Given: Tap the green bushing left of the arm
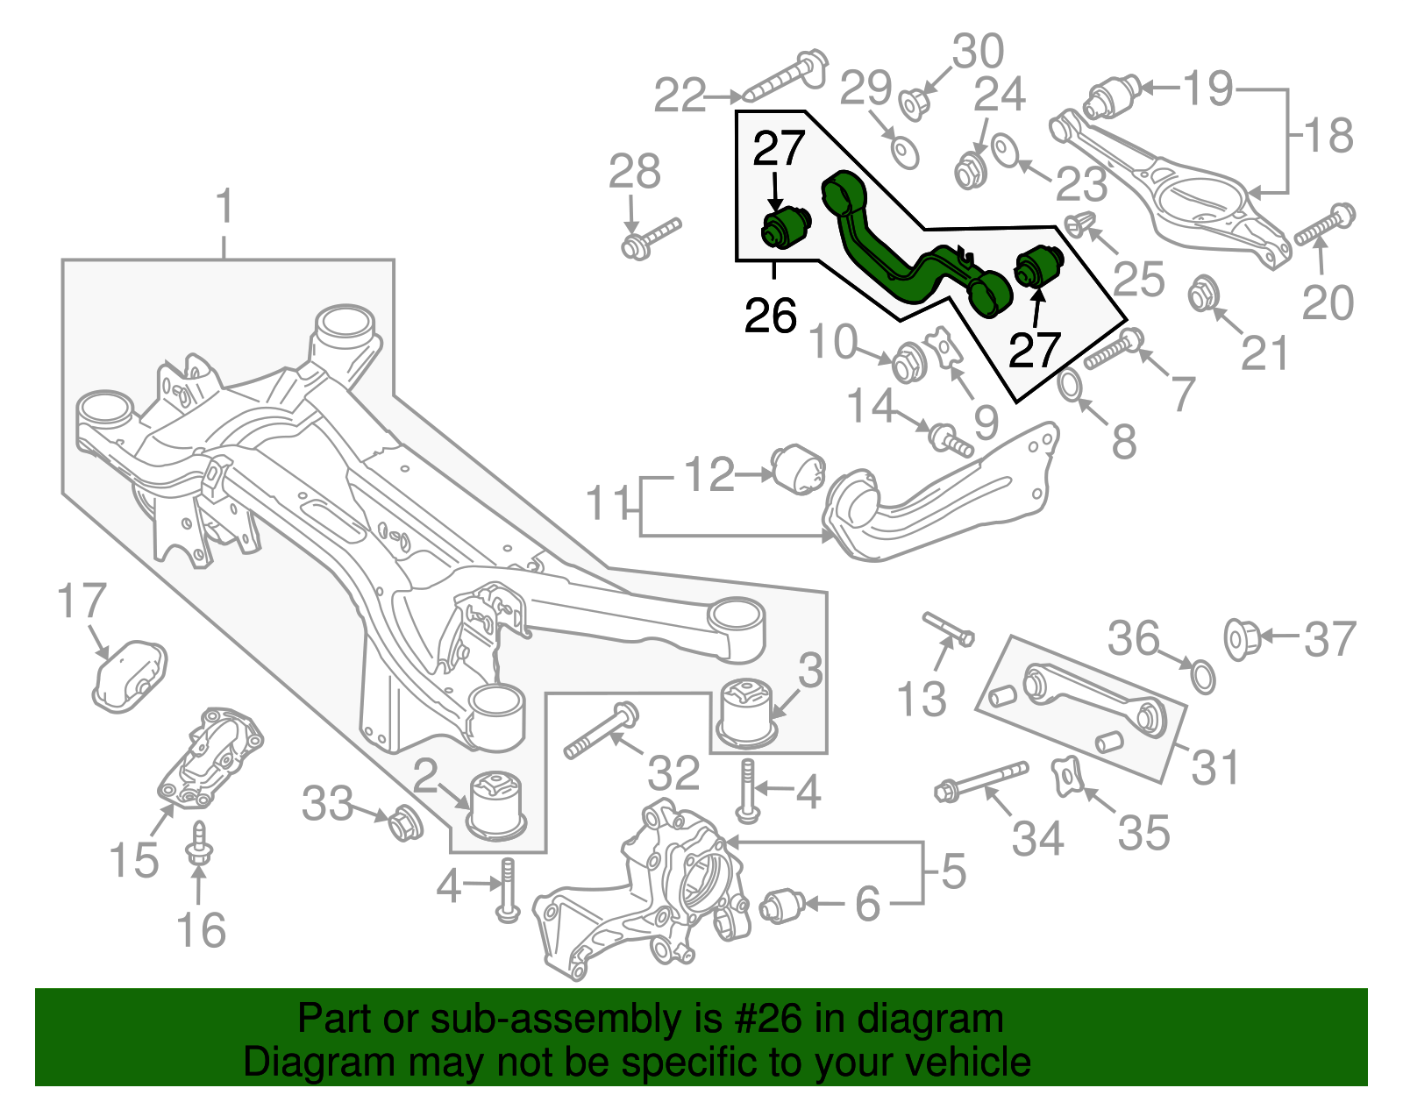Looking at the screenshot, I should pyautogui.click(x=783, y=227).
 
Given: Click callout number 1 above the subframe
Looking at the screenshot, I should pyautogui.click(x=224, y=207).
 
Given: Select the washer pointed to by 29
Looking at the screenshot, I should pyautogui.click(x=904, y=152).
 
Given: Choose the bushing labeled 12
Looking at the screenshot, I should pyautogui.click(x=798, y=470).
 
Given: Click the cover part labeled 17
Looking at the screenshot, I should pyautogui.click(x=129, y=674).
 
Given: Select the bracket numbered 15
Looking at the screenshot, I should pyautogui.click(x=209, y=758).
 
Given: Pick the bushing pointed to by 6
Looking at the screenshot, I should pyautogui.click(x=782, y=905).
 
